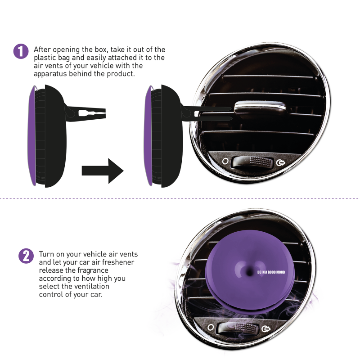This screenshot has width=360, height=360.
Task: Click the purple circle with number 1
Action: coord(21,51)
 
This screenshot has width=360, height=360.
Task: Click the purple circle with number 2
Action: coord(26,256)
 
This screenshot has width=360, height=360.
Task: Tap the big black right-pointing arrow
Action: coord(103,171)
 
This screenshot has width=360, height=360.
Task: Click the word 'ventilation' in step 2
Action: coord(90,286)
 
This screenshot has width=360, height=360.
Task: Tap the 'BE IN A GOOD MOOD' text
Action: coord(271,272)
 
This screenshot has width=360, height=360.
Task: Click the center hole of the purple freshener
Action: coord(250,272)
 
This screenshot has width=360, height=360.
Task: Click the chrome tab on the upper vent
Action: coord(260,108)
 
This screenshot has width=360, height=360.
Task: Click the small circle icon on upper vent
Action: coord(225,161)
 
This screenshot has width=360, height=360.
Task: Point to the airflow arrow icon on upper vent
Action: coord(280,163)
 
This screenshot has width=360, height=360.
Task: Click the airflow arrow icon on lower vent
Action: coord(266,329)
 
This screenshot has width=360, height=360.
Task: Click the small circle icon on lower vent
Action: coord(211,327)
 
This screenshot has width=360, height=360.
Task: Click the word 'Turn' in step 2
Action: coord(47,254)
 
